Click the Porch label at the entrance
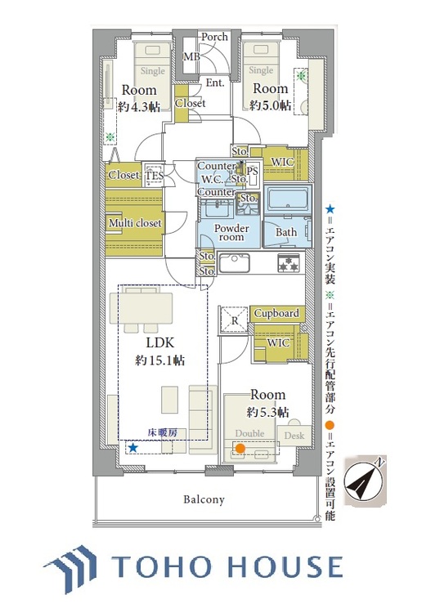[215, 37]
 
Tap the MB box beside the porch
[191, 56]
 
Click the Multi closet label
[136, 222]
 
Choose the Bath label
[286, 232]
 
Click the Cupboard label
[276, 314]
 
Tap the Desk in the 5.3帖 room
[294, 436]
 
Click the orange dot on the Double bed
[240, 448]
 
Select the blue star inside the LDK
[132, 447]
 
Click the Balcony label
[204, 499]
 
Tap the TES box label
[154, 175]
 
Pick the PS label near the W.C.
[252, 171]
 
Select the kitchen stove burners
[289, 263]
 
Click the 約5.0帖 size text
[270, 105]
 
